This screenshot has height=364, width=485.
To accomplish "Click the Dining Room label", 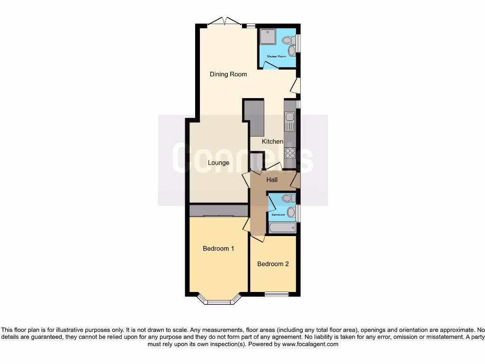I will (x=228, y=74).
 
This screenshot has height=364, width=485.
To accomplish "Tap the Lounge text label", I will (x=218, y=163).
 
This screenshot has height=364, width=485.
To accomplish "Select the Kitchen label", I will (x=272, y=142).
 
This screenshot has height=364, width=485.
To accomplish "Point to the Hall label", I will (x=272, y=180).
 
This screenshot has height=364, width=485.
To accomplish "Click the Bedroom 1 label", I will (x=218, y=249).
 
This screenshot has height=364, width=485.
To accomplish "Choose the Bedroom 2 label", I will (x=273, y=264).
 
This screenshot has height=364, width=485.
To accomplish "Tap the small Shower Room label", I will (x=276, y=56).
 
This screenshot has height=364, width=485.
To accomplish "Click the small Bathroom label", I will (x=278, y=215).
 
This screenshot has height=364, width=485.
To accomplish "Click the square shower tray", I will (x=268, y=37).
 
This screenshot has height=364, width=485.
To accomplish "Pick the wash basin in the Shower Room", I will (x=292, y=50).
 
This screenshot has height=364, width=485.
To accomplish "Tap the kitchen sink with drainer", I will (x=289, y=121).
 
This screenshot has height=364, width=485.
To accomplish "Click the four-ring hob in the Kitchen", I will (x=289, y=153).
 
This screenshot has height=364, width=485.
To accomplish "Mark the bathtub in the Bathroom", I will (x=282, y=227).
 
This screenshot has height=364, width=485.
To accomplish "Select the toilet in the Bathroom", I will (x=287, y=198).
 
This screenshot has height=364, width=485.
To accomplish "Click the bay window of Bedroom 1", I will (x=218, y=300).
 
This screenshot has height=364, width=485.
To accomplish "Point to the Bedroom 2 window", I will (x=276, y=294).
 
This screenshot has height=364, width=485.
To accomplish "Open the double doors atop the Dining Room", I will (x=225, y=21).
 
